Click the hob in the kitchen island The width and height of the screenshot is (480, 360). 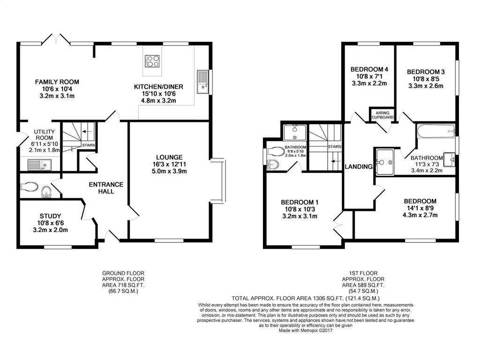153,60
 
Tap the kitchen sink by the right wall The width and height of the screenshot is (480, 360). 202,82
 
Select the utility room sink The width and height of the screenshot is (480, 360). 39,165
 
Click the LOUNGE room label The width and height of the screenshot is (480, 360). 169,157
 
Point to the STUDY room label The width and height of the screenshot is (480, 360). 50,216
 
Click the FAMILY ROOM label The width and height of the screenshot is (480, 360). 57,82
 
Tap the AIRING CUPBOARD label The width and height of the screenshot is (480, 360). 382,115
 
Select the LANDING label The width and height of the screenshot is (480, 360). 359,167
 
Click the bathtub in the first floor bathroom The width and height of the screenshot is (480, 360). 435,130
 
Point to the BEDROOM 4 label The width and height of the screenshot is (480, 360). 369,69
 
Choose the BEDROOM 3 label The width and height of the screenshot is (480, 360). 426,72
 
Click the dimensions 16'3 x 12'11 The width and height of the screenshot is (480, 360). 169,165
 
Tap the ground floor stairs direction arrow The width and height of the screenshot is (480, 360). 87,132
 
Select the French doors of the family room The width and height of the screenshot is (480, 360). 56,39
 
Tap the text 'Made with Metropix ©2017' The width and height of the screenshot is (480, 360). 305,330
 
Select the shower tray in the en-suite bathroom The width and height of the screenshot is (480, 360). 295,133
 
